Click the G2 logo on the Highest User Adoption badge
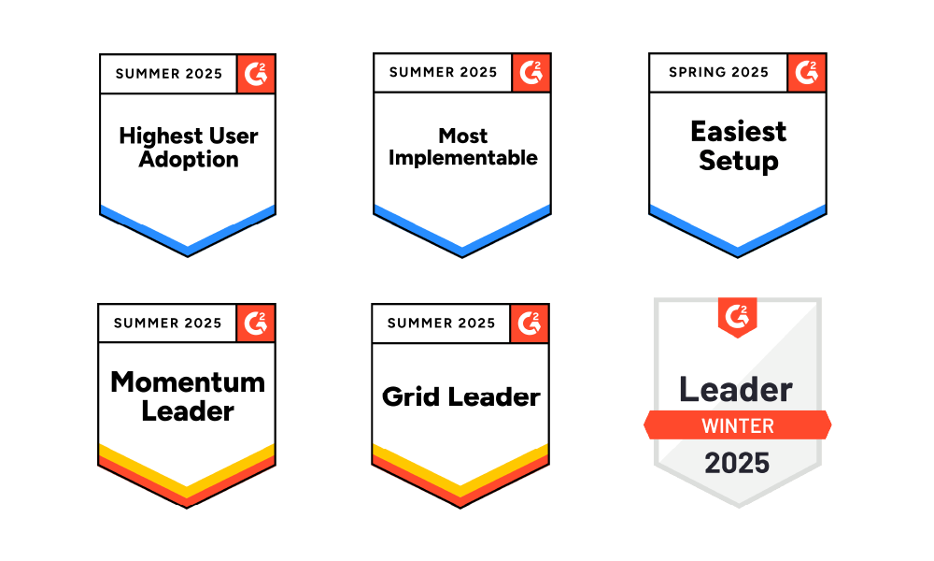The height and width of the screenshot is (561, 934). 256,73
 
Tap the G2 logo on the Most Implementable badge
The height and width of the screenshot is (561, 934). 531,72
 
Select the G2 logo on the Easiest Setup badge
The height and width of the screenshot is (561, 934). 806,72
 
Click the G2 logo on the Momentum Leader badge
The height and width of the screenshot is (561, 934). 255,324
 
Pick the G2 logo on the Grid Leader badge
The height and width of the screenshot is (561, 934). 530,324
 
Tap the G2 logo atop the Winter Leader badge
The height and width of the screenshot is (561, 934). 737,315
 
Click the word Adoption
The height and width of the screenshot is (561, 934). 189,160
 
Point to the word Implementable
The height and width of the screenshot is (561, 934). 463,158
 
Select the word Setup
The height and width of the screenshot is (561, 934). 738,161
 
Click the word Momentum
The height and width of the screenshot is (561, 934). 188,381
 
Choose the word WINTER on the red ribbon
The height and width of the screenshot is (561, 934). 737,426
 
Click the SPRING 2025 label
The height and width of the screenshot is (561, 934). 718,73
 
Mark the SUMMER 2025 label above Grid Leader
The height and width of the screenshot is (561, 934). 441,324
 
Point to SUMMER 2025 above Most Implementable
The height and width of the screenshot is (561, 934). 443,72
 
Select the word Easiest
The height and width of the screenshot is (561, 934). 738,132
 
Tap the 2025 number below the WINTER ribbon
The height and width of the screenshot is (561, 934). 737,463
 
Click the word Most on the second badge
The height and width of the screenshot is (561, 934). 463,136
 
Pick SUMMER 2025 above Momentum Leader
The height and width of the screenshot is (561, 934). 167,324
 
